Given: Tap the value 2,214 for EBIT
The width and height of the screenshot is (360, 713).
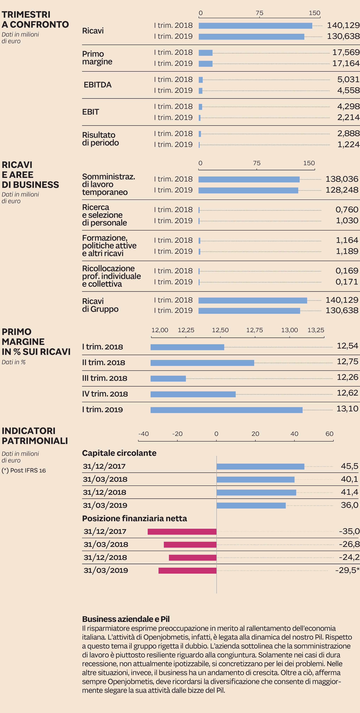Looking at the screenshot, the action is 348,117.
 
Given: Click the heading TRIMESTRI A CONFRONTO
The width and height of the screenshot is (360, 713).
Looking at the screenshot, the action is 35,19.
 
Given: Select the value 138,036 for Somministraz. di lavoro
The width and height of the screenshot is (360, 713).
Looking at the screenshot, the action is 342,179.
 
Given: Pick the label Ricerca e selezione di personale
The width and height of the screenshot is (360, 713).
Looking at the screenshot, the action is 104,215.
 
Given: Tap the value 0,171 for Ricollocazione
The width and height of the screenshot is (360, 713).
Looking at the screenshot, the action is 346,282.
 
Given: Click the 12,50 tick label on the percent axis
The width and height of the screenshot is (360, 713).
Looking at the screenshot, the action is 220,330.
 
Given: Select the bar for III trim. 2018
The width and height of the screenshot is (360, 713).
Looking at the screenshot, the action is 168,378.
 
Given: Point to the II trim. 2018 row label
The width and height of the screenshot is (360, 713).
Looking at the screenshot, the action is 104,363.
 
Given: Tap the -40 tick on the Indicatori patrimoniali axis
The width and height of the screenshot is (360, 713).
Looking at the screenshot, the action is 143,434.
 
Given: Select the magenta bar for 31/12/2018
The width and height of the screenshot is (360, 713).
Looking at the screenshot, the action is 193,557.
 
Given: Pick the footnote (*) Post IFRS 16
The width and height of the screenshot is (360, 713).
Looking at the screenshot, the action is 24,470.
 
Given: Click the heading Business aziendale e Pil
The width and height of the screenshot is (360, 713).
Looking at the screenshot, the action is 126,619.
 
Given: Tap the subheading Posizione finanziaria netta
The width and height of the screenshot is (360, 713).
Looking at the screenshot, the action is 134,518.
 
